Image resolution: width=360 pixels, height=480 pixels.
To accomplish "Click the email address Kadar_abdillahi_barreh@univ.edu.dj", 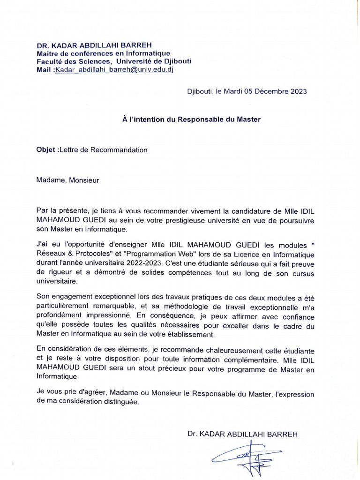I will (x=117, y=69).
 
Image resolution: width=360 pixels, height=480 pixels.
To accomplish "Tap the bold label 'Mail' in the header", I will (x=45, y=69).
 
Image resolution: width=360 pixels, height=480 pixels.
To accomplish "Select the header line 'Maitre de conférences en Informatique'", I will (x=103, y=53).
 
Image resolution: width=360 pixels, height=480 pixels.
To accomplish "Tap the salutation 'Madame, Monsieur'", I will (x=67, y=179).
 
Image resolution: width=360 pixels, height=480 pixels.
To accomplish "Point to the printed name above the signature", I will (x=242, y=434).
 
